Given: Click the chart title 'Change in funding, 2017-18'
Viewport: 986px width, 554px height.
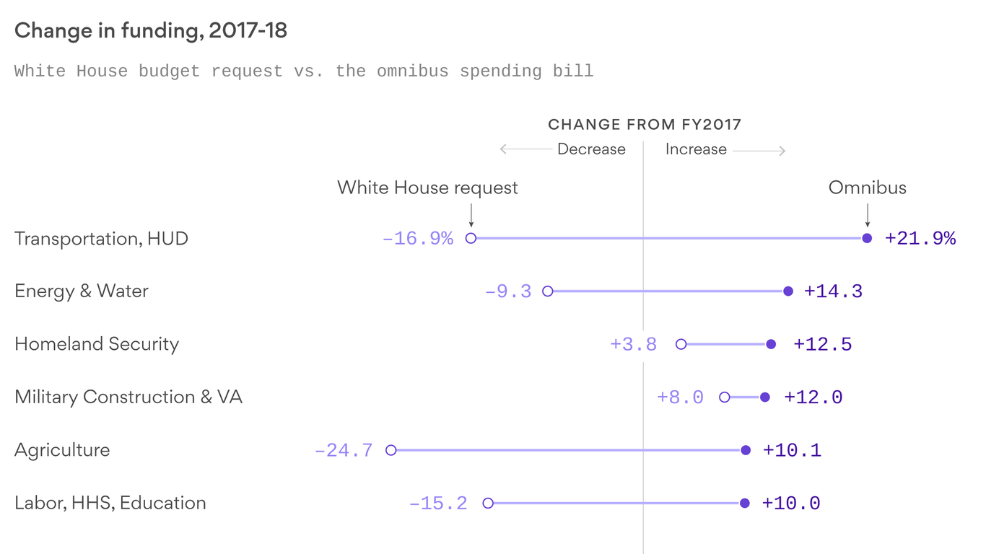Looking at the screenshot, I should pyautogui.click(x=151, y=31).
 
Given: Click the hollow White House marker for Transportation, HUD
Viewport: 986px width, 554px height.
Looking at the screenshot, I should pyautogui.click(x=471, y=238).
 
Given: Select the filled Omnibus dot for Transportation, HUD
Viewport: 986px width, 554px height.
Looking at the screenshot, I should pyautogui.click(x=867, y=238).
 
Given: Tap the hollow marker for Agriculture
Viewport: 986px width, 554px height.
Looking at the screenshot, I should pyautogui.click(x=391, y=450).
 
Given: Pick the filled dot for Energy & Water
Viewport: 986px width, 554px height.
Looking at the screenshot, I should pyautogui.click(x=788, y=291).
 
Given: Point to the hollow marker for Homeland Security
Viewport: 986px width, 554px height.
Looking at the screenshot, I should pyautogui.click(x=681, y=344).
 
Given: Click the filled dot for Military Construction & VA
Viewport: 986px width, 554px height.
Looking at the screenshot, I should pyautogui.click(x=765, y=397).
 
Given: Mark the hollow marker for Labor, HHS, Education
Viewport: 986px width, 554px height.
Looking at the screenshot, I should pyautogui.click(x=488, y=503).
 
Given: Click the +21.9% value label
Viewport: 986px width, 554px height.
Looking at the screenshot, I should pyautogui.click(x=920, y=239).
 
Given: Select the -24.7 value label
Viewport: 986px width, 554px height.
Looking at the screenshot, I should pyautogui.click(x=344, y=451).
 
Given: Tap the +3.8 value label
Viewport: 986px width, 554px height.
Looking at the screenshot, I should pyautogui.click(x=633, y=345).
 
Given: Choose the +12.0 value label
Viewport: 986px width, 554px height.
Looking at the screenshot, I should pyautogui.click(x=813, y=397).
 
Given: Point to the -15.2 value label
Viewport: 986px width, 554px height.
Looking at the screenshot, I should pyautogui.click(x=438, y=504).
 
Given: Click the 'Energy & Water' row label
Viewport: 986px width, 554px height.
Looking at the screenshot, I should pyautogui.click(x=82, y=291).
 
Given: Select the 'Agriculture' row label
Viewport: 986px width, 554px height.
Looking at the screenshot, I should pyautogui.click(x=62, y=450).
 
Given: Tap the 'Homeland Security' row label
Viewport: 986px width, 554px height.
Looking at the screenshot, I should pyautogui.click(x=97, y=344).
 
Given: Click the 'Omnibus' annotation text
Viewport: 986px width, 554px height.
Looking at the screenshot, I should pyautogui.click(x=867, y=188).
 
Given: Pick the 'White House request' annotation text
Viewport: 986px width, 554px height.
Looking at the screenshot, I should pyautogui.click(x=427, y=188).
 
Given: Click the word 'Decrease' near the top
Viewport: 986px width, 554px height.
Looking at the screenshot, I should pyautogui.click(x=591, y=149).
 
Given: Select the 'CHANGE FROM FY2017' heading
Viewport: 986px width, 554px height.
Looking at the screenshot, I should pyautogui.click(x=645, y=125).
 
